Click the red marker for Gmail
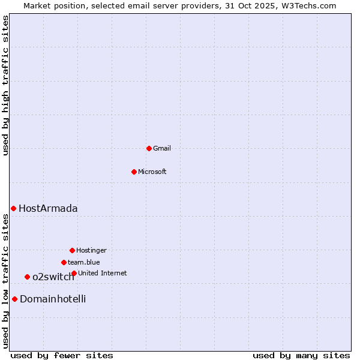click(x=149, y=148)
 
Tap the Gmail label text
click(x=162, y=149)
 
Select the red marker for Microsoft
click(x=134, y=172)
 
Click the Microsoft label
click(x=152, y=172)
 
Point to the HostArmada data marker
click(x=13, y=208)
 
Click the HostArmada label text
click(x=48, y=209)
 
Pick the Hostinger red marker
click(x=72, y=250)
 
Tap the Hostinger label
click(x=91, y=251)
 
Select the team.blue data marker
click(x=64, y=262)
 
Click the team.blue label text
click(x=84, y=263)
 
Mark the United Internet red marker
click(x=74, y=273)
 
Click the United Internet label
click(x=103, y=274)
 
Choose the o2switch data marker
click(x=27, y=277)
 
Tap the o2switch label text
click(x=53, y=277)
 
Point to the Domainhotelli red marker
click(x=14, y=299)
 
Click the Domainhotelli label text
click(x=53, y=299)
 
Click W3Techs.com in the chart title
click(x=307, y=5)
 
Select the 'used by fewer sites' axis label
click(x=62, y=356)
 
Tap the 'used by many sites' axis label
click(x=301, y=356)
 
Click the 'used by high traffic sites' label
click(x=6, y=85)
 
